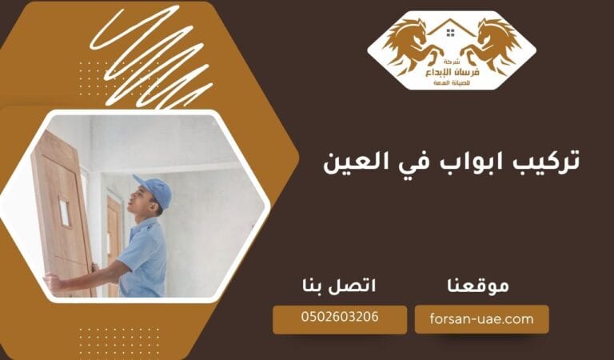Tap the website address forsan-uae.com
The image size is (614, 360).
coord(481,318)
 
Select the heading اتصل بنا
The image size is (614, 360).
coord(340,285)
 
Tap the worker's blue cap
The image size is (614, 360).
coord(153,190)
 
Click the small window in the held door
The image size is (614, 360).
coord(64,211)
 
